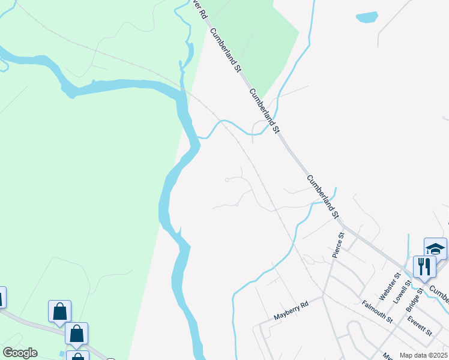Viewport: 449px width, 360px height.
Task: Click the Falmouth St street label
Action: [377, 312]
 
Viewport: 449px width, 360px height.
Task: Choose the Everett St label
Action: [420, 325]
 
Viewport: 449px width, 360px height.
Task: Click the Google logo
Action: [20, 353]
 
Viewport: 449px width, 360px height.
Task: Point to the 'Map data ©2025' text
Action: [424, 355]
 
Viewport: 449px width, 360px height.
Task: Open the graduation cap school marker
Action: [435, 248]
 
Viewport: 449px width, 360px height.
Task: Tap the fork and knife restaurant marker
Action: [424, 266]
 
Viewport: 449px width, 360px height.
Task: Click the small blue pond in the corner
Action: [367, 17]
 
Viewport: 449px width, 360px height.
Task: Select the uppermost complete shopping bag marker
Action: [59, 311]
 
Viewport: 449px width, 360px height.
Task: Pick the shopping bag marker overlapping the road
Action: [77, 333]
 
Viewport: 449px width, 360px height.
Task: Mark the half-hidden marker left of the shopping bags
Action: [2, 296]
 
